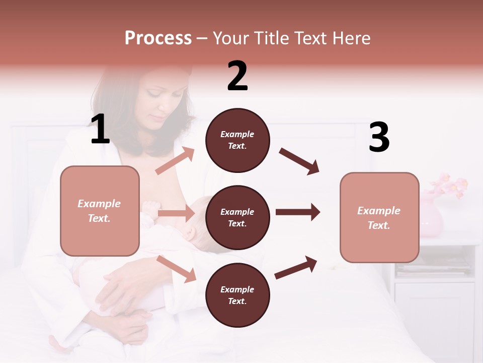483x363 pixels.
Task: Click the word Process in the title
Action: point(158,38)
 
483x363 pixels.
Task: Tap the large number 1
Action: point(100,130)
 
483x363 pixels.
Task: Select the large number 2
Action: point(237,76)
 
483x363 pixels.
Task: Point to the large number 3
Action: point(379,138)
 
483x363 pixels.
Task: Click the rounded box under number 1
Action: point(100,211)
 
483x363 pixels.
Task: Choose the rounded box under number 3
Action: point(379,218)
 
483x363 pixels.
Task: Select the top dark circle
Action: point(237,140)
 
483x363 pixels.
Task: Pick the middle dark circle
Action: point(237,218)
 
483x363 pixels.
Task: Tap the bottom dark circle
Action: point(237,295)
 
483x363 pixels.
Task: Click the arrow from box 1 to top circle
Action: point(175,161)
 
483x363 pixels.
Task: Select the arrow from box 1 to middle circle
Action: point(176,213)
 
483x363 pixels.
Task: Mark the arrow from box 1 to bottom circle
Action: point(176,268)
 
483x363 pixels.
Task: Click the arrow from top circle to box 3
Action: point(299,161)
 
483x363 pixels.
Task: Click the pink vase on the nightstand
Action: point(432,218)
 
